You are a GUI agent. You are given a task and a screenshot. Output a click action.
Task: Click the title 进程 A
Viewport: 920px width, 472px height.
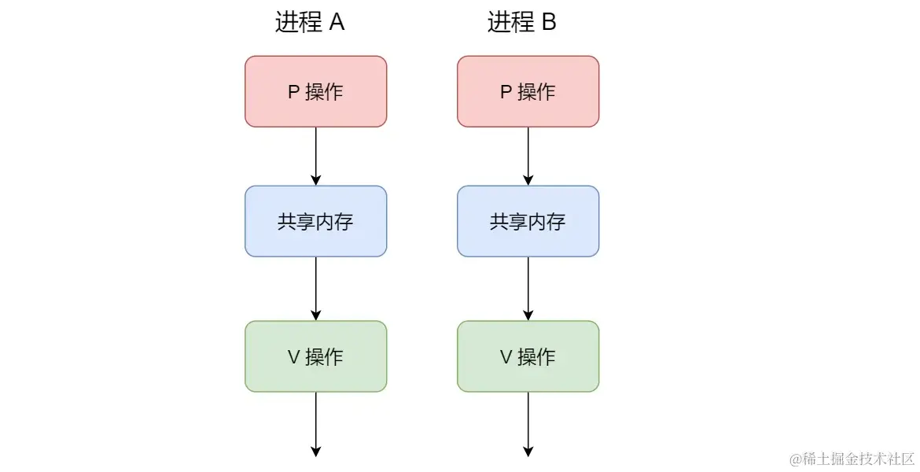click(x=310, y=22)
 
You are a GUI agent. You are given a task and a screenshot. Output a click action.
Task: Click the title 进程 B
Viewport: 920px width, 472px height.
click(x=522, y=22)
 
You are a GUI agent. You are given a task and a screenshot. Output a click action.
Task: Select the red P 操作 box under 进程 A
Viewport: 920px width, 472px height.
click(x=315, y=91)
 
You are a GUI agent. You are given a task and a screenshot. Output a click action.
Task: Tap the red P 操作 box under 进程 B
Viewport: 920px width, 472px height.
click(x=528, y=91)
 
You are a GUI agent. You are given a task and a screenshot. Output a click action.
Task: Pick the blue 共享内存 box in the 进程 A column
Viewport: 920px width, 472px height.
click(x=315, y=221)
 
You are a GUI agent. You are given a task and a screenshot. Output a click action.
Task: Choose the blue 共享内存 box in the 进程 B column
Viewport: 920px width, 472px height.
click(x=528, y=221)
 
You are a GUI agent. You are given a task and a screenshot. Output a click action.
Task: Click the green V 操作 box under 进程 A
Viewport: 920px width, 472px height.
click(x=315, y=356)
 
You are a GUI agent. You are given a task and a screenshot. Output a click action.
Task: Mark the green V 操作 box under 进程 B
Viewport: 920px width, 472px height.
click(x=528, y=356)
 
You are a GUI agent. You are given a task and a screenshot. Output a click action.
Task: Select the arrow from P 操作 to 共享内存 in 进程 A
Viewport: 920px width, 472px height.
click(x=315, y=156)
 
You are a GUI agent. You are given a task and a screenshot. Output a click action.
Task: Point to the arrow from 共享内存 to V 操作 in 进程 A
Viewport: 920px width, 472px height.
click(x=315, y=288)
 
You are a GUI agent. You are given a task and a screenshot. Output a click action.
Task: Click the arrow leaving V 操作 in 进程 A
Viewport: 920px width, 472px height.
click(x=315, y=423)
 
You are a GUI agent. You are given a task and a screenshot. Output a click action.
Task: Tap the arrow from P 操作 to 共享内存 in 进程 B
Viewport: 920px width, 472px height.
click(x=528, y=156)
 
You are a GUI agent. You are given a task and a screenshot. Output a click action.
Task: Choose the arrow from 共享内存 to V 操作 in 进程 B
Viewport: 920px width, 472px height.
click(x=528, y=288)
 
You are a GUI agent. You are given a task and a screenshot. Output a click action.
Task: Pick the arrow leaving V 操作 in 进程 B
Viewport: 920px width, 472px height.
click(x=528, y=423)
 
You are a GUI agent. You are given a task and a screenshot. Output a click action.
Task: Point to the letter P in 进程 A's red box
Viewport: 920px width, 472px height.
click(x=293, y=92)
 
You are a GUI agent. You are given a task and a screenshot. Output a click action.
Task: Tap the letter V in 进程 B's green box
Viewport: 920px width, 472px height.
click(x=506, y=357)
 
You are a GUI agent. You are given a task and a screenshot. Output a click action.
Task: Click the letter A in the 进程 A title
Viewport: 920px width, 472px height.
click(x=337, y=22)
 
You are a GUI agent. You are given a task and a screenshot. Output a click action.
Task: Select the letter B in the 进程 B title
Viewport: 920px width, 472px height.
click(x=549, y=22)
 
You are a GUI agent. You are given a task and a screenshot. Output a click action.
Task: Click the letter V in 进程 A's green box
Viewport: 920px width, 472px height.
click(x=294, y=357)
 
